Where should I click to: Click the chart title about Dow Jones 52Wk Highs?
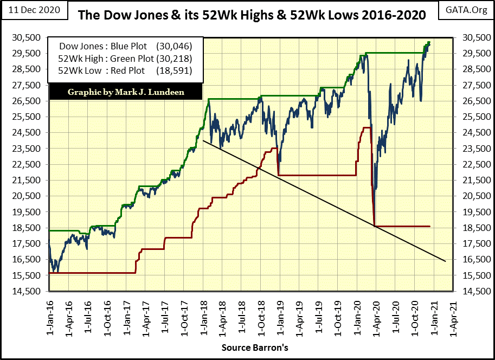(251, 15)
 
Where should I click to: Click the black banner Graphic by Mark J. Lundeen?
(126, 92)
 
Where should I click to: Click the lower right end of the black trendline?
(445, 261)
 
